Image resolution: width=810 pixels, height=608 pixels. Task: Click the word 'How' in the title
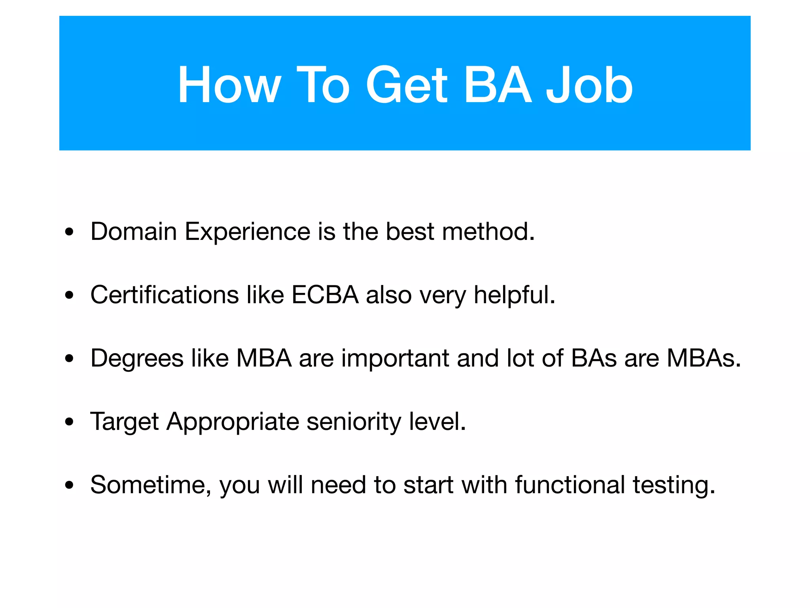point(229,85)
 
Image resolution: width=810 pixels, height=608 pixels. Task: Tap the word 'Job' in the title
point(589,85)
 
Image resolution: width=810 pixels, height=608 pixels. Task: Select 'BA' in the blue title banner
point(498,85)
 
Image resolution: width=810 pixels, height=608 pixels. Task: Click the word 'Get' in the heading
point(407,85)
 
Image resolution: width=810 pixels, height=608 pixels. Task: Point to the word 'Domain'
point(134,232)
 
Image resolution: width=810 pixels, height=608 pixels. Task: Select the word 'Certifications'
point(165,295)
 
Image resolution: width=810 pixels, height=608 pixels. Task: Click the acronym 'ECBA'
point(325,295)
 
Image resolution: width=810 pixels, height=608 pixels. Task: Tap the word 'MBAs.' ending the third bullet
point(704,358)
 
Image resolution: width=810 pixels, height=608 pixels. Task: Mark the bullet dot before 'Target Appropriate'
point(70,422)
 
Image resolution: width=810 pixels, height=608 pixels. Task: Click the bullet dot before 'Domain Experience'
point(70,232)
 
